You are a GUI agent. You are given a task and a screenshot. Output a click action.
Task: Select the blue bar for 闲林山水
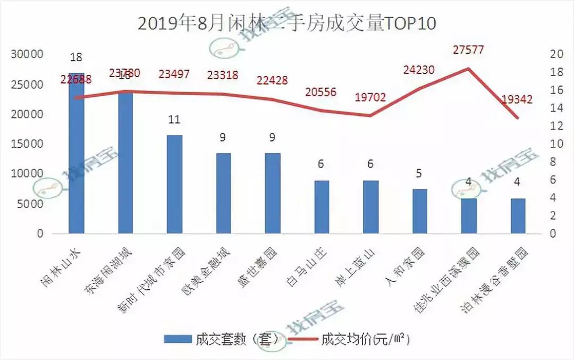76,160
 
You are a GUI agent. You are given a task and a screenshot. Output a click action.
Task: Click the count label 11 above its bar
174,120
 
